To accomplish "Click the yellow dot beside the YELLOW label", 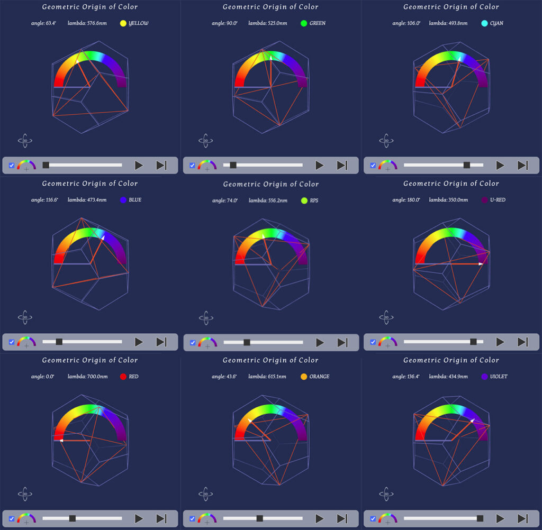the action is pos(123,23).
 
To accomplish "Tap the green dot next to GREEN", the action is pos(304,23).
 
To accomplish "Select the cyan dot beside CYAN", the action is pos(484,23).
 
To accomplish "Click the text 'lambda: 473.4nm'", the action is pos(87,200).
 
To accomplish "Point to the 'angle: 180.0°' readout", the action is pos(406,200).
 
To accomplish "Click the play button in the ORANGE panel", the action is pos(319,518).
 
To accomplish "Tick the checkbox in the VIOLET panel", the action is pos(373,518).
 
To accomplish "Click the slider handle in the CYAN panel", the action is pos(467,165).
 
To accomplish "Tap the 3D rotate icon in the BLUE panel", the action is pos(25,317).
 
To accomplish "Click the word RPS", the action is pos(314,200).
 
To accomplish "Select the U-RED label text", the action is pos(498,200).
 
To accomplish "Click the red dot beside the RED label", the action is pos(123,377).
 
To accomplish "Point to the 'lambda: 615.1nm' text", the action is pos(267,377).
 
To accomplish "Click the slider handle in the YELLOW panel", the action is pos(46,165).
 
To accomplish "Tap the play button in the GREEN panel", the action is pos(319,165).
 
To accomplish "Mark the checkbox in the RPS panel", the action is pos(193,342).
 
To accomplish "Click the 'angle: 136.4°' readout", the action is pos(406,377).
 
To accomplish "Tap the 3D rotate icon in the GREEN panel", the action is pos(206,141).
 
